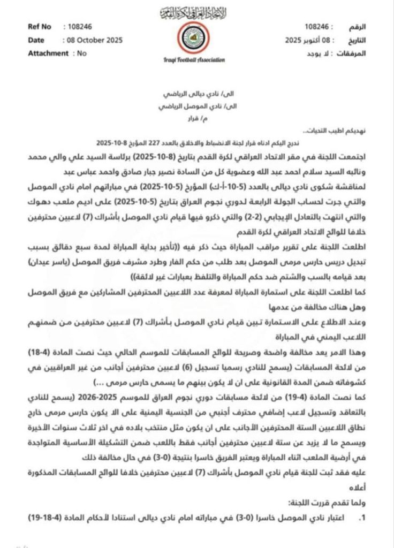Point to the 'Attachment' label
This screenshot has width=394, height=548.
49,53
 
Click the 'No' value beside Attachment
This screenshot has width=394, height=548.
81,53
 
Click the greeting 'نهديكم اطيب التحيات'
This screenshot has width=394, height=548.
332,132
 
